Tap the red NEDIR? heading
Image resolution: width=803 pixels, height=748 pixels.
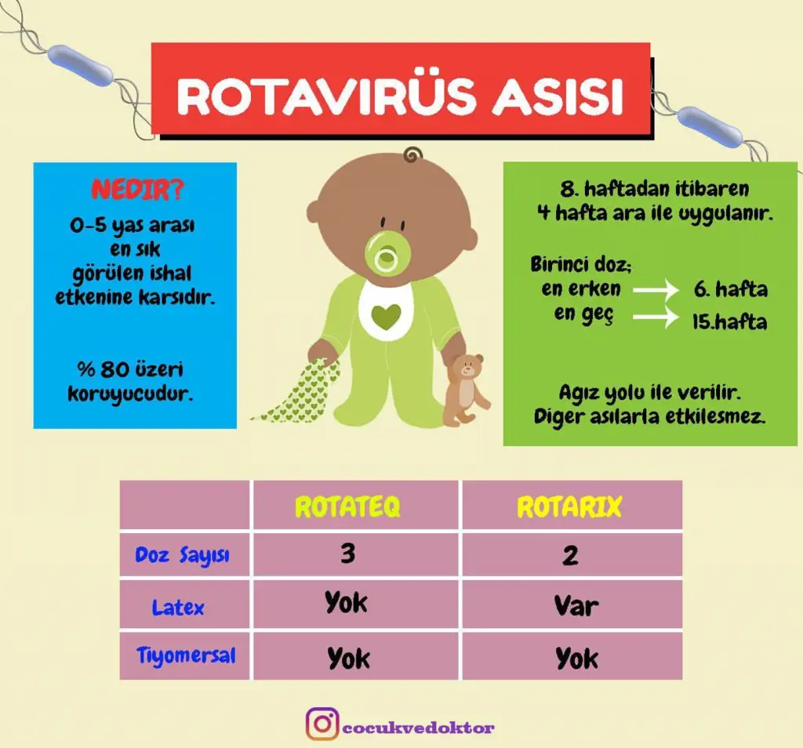click(137, 190)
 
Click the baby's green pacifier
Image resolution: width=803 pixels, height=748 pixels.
click(387, 253)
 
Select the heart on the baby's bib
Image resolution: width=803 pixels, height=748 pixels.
click(386, 317)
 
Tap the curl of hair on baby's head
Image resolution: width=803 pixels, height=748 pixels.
click(412, 154)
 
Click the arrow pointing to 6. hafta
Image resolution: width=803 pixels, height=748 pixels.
click(656, 290)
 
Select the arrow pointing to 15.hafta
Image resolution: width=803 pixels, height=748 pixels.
click(656, 318)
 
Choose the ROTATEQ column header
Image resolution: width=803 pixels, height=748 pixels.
click(347, 507)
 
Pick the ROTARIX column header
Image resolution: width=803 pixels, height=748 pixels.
click(569, 507)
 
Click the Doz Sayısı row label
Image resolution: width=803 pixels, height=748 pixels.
click(182, 555)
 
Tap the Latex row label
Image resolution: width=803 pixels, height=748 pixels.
click(178, 608)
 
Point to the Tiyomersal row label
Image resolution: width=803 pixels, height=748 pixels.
click(186, 655)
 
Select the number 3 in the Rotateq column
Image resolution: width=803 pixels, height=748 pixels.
click(348, 553)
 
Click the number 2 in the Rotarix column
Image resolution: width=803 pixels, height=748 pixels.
click(571, 555)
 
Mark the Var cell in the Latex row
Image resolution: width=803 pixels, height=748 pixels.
click(576, 606)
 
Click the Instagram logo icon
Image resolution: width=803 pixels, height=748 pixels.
click(322, 724)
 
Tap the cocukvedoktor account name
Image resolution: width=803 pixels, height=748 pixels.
click(419, 728)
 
